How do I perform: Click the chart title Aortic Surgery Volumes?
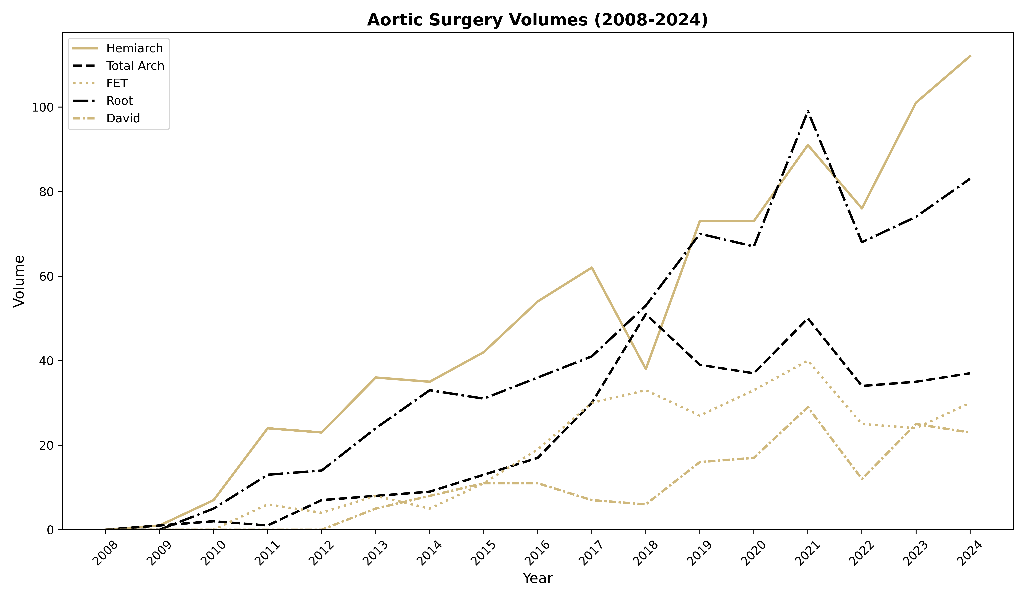tap(537, 20)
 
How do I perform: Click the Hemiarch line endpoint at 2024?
tap(970, 56)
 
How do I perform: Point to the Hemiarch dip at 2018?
tap(646, 369)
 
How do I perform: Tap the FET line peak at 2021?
tap(808, 361)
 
